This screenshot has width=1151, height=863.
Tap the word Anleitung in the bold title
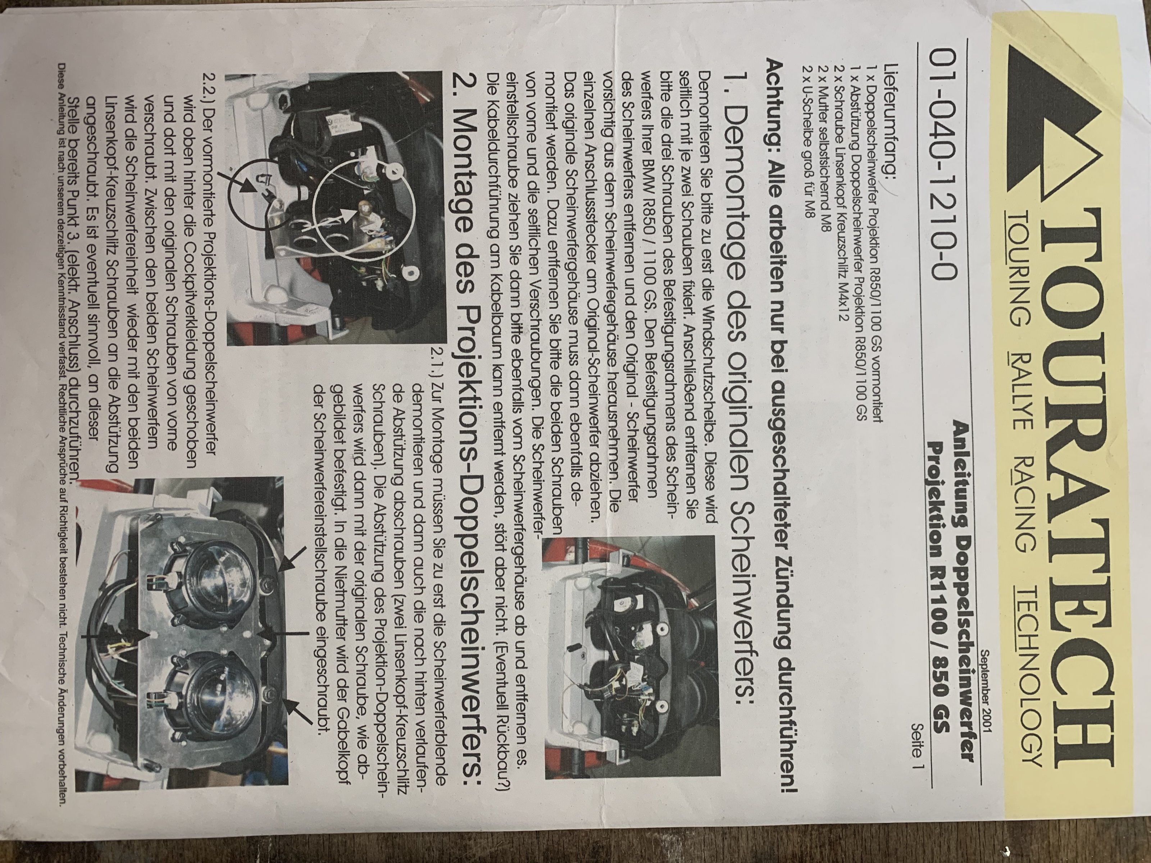pyautogui.click(x=961, y=469)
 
